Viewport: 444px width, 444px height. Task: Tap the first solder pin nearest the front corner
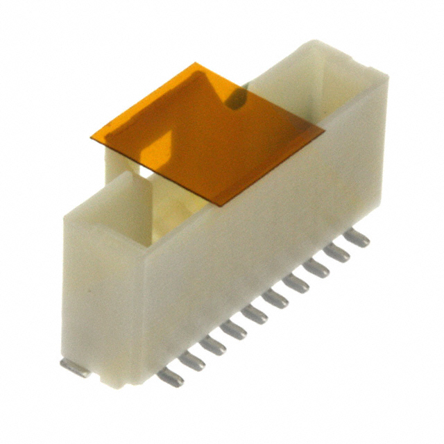click(x=171, y=377)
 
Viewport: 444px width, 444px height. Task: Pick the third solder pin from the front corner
click(x=214, y=345)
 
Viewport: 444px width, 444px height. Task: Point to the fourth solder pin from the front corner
click(x=234, y=330)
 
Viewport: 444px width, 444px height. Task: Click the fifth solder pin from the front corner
click(x=255, y=314)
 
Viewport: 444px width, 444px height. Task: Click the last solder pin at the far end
click(x=357, y=238)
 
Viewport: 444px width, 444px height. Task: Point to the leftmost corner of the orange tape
click(x=92, y=137)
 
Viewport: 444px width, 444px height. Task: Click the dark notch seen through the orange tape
click(x=237, y=99)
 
